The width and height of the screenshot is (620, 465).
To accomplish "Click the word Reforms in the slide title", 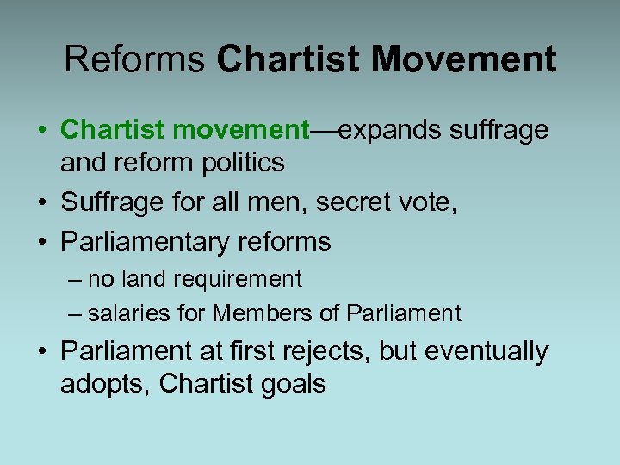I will [x=134, y=60].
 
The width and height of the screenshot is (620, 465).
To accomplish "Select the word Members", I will [x=270, y=313].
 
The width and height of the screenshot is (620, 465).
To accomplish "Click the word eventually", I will [x=495, y=352].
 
